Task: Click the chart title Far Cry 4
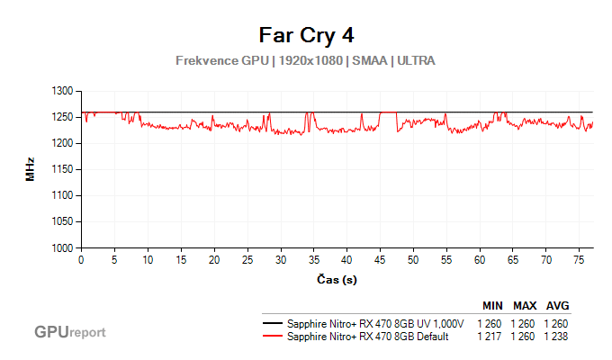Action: point(306,35)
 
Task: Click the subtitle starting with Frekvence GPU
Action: point(306,60)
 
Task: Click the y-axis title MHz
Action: point(31,169)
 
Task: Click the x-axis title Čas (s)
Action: point(337,279)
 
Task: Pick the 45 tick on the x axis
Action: point(380,259)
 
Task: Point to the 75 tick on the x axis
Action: point(579,259)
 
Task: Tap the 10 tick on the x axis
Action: point(148,259)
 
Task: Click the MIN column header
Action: point(493,305)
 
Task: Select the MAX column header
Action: point(526,305)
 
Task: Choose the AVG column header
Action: point(557,305)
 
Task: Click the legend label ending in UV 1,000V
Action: point(374,324)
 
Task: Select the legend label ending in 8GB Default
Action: point(369,337)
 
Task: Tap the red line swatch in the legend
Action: point(271,337)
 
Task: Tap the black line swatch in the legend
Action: point(271,324)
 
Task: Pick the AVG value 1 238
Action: point(556,337)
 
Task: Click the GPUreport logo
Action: point(69,332)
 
